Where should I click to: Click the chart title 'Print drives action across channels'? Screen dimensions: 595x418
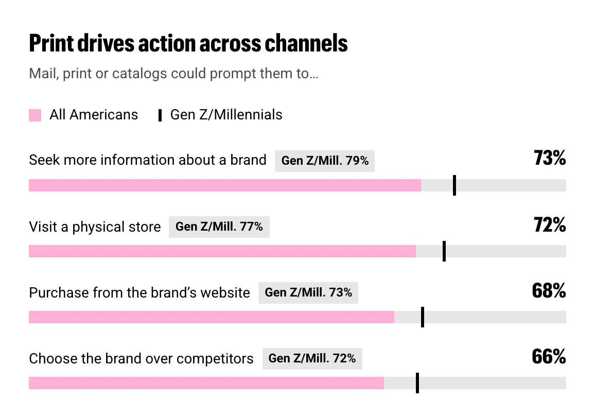point(188,43)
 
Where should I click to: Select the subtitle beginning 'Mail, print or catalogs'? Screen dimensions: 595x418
point(173,73)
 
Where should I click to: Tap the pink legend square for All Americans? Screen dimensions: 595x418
point(35,115)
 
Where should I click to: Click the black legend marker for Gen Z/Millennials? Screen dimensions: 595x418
point(160,115)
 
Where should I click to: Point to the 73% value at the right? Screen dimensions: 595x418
point(550,158)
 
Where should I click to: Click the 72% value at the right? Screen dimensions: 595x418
point(550,224)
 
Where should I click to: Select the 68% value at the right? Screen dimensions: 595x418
point(549,290)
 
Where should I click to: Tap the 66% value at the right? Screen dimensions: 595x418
point(549,357)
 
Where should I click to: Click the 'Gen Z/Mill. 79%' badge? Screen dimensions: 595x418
point(325,161)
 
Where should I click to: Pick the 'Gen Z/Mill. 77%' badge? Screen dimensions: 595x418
point(219,227)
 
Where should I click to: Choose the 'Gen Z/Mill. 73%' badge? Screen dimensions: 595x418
point(308,293)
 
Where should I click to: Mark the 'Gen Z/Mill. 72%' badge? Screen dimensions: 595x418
point(312,359)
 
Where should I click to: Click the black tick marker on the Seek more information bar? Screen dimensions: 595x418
point(454,185)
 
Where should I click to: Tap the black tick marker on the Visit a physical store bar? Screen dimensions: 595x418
point(444,251)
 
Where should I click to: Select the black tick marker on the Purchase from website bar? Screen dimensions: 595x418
point(423,317)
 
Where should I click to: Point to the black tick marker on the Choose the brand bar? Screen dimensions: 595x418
point(417,382)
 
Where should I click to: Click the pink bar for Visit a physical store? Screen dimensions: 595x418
point(222,251)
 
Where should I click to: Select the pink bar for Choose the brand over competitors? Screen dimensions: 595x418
point(206,382)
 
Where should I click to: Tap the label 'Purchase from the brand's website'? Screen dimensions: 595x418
point(139,293)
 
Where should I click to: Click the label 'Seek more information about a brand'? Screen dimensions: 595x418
point(148,160)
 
